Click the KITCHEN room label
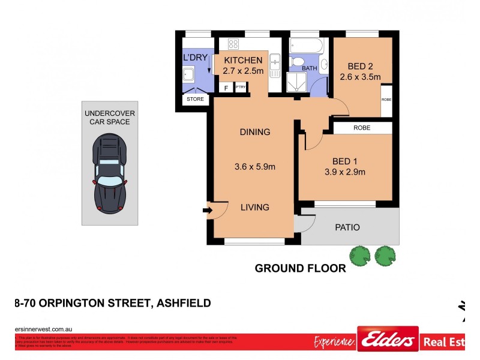pyautogui.click(x=242, y=60)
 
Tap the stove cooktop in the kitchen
pyautogui.click(x=233, y=44)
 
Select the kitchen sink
pyautogui.click(x=274, y=62)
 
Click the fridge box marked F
pyautogui.click(x=226, y=88)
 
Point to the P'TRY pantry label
pyautogui.click(x=241, y=88)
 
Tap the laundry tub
pyautogui.click(x=189, y=75)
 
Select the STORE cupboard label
pyautogui.click(x=196, y=99)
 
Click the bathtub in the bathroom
pyautogui.click(x=306, y=46)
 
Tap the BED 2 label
pyautogui.click(x=360, y=66)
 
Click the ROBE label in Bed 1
pyautogui.click(x=361, y=128)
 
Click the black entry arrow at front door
pyautogui.click(x=208, y=210)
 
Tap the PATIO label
pyautogui.click(x=347, y=227)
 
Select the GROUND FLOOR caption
pyautogui.click(x=301, y=268)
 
